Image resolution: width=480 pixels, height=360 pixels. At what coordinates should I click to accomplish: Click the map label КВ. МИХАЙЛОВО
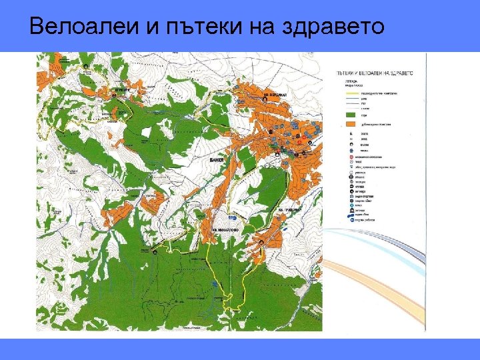(x=225, y=229)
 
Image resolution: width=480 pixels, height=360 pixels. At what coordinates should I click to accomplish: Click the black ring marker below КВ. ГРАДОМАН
(x=261, y=241)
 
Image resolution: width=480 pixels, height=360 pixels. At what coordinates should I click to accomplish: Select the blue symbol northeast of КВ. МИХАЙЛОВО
(x=232, y=218)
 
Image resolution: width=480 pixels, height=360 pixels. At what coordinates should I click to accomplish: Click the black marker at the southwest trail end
(x=154, y=253)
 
